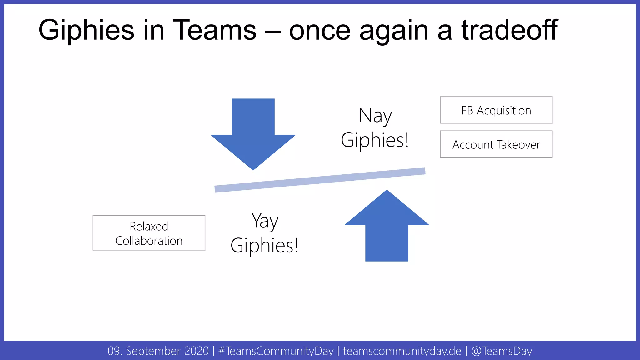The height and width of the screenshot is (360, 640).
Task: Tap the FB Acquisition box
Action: pyautogui.click(x=496, y=110)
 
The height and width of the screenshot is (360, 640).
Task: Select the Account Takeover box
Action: pyautogui.click(x=496, y=144)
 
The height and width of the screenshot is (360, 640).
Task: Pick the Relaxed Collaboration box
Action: pyautogui.click(x=149, y=233)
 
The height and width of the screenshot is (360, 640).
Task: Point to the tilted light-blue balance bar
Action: pyautogui.click(x=320, y=180)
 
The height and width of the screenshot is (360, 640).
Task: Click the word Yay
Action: pyautogui.click(x=265, y=221)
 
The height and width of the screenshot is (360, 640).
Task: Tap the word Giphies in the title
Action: pyautogui.click(x=86, y=30)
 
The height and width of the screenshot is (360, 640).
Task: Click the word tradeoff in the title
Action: pyautogui.click(x=509, y=30)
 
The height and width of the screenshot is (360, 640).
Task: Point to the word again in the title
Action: pyautogui.click(x=394, y=31)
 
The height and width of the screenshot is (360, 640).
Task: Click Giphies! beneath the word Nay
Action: pyautogui.click(x=375, y=140)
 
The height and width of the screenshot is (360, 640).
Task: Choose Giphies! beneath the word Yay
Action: pyautogui.click(x=264, y=246)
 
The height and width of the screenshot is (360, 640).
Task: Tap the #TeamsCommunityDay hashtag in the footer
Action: pyautogui.click(x=276, y=351)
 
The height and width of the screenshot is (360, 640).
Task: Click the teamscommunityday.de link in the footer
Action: pyautogui.click(x=402, y=351)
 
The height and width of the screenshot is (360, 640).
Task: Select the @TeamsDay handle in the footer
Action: pyautogui.click(x=502, y=351)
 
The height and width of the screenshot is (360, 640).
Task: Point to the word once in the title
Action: pyautogui.click(x=320, y=31)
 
